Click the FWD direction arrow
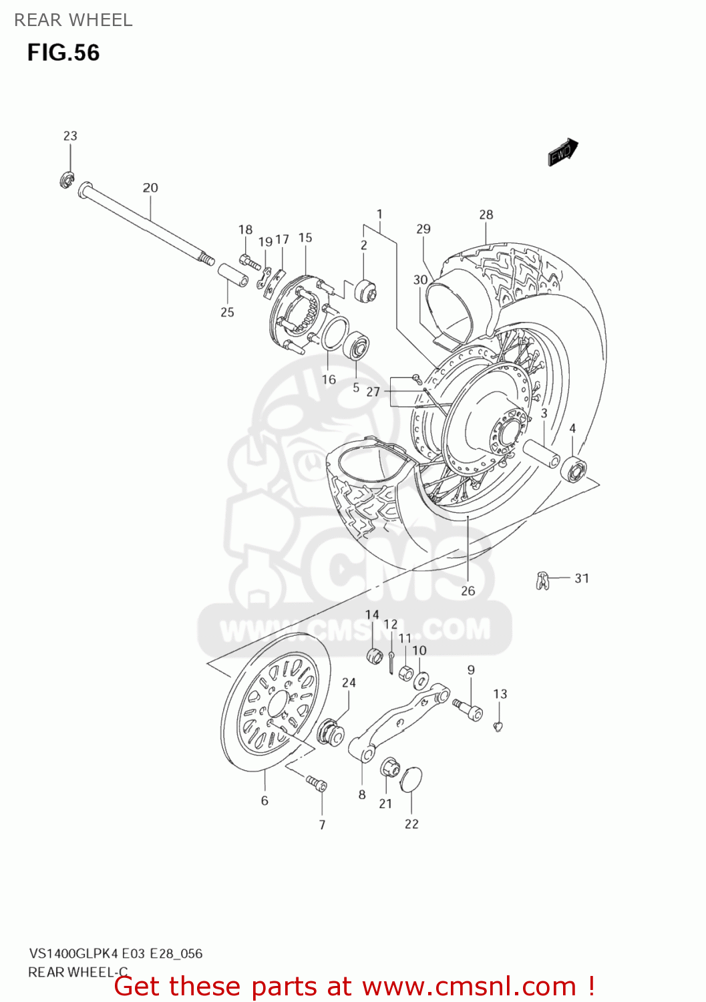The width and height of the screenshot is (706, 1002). coord(562,152)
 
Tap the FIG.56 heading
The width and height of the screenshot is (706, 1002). coord(63,53)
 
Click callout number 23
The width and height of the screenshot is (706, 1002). coord(70,136)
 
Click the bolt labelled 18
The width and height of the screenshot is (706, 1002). coord(249,261)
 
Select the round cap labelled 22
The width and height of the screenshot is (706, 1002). coord(411,780)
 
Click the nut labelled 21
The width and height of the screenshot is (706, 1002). coord(389,768)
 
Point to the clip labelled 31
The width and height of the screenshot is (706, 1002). coord(542,581)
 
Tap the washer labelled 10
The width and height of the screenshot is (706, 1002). coord(421,681)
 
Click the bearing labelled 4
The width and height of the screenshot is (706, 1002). coord(574,468)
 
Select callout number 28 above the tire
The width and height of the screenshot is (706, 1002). coord(486,214)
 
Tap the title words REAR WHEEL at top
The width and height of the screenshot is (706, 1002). coord(73,20)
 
